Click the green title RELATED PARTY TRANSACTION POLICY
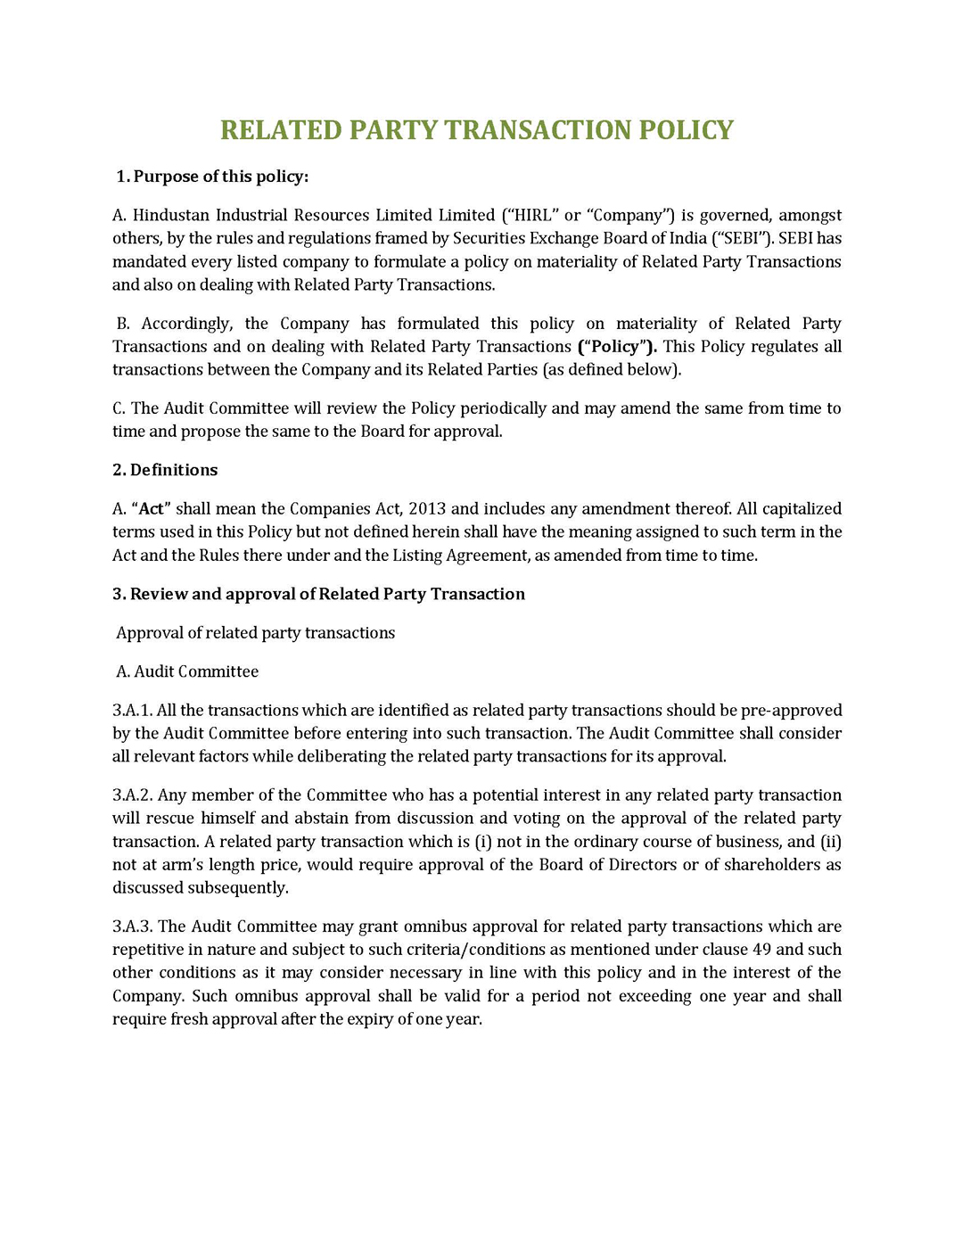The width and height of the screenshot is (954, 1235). tap(476, 130)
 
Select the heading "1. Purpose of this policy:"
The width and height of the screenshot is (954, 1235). tap(212, 177)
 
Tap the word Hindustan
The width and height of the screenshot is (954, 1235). tap(174, 215)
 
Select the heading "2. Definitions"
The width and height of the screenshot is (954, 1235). tap(165, 470)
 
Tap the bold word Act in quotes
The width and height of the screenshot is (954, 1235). tap(152, 508)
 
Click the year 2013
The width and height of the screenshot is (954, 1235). tap(427, 508)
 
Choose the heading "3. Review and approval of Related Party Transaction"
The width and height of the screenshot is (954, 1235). tap(318, 594)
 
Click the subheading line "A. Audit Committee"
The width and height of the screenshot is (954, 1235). tap(187, 671)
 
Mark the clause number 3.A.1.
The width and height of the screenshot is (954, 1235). tap(132, 710)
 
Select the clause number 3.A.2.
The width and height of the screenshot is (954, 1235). tap(132, 795)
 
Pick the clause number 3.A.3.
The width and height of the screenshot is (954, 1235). tap(132, 926)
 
